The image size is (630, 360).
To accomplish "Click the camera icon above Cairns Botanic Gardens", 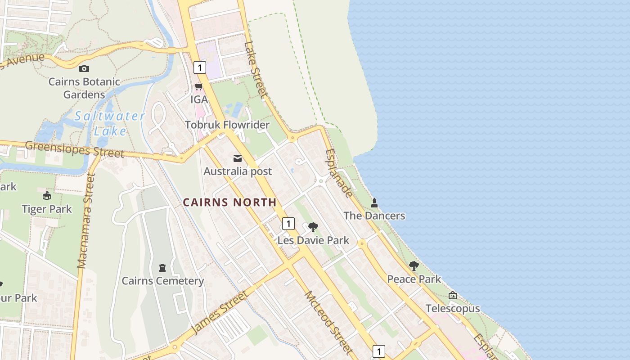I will click(84, 69).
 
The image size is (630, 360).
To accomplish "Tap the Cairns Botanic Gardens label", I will click(84, 88).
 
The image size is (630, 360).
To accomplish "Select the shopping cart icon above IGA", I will click(199, 86).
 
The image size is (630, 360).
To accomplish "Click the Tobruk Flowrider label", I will click(227, 125).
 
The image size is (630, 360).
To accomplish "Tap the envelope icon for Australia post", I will click(238, 158).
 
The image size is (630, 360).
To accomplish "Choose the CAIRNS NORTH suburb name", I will click(229, 202).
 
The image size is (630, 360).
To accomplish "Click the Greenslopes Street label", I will click(74, 149).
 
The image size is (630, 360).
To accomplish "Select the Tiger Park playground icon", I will click(47, 196).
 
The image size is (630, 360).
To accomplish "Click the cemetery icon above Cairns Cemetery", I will click(162, 268).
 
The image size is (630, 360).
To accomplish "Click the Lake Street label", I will click(256, 70).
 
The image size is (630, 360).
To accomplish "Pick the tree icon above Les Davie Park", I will click(313, 227).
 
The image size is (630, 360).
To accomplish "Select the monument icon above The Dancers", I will click(374, 203).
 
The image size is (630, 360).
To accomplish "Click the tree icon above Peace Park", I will click(414, 266).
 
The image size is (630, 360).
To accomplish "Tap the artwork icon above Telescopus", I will click(453, 295).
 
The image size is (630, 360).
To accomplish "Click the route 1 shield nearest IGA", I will click(200, 67).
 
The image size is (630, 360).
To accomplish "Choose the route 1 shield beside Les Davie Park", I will click(288, 224).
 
